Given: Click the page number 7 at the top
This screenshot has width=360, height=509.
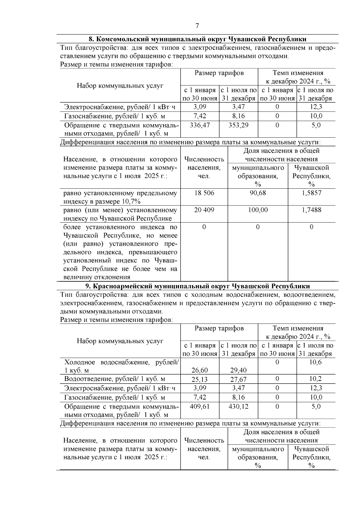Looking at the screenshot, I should tap(197, 26).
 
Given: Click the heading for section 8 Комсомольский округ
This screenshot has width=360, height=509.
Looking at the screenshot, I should tap(197, 39).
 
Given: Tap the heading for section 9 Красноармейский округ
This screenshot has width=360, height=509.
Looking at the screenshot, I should tap(197, 286).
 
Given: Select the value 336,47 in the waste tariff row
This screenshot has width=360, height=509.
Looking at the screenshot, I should tap(200, 125).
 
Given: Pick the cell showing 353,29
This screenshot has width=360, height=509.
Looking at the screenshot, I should tap(238, 125).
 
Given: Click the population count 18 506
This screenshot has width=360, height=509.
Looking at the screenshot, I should tap(204, 193).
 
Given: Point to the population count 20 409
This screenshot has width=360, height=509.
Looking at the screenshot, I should tap(204, 210).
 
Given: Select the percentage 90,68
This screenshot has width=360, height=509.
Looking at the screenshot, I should tap(258, 193).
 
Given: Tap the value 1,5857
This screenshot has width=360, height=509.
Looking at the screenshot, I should tap(311, 193).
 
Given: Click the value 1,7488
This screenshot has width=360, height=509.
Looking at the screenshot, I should tap(311, 210).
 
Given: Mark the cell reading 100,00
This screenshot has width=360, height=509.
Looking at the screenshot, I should tap(258, 210).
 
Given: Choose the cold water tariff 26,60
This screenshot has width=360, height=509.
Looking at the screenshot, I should tap(200, 370).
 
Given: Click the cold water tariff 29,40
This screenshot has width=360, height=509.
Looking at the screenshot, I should tap(238, 370).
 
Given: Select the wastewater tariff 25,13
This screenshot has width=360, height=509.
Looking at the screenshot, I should tap(200, 379).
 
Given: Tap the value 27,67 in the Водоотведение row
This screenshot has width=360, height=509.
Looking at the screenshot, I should tap(238, 379).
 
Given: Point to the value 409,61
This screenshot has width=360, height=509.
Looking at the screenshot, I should tap(200, 407).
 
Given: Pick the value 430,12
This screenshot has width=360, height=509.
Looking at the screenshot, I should tap(238, 407).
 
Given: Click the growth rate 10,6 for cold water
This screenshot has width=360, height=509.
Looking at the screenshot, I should tap(316, 362).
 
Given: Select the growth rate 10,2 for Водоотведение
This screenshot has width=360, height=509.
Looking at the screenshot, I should tap(316, 379).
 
